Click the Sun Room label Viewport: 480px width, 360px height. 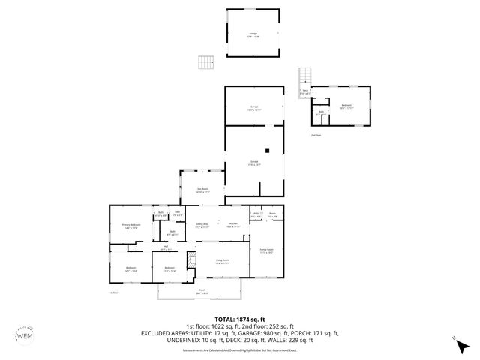pyautogui.click(x=202, y=190)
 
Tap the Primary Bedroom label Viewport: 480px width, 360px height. pyautogui.click(x=132, y=225)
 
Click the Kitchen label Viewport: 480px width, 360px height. pyautogui.click(x=233, y=224)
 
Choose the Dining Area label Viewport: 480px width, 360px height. pyautogui.click(x=202, y=224)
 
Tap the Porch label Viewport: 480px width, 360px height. pyautogui.click(x=202, y=290)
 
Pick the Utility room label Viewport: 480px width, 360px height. pyautogui.click(x=256, y=214)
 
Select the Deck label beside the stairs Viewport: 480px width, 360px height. pyautogui.click(x=305, y=92)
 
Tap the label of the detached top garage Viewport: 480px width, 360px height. pyautogui.click(x=253, y=34)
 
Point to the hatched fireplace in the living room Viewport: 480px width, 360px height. pyautogui.click(x=190, y=260)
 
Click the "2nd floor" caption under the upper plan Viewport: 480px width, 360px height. pyautogui.click(x=316, y=136)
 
